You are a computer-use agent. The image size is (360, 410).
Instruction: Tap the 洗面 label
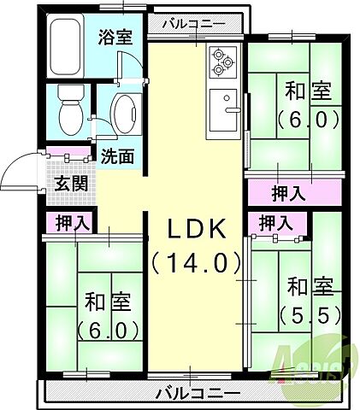[x=118, y=157]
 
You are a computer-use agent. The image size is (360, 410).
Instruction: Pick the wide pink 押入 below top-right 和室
[x=289, y=193]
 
